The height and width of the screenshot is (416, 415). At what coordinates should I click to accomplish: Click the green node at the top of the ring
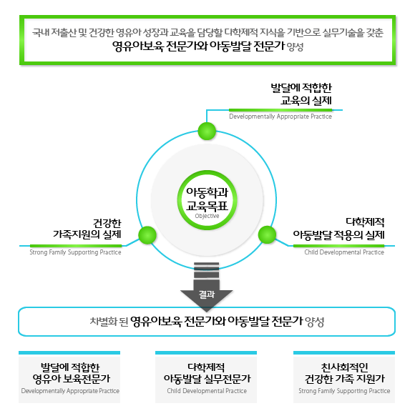[207, 131]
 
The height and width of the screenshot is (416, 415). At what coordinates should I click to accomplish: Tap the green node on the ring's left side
[147, 235]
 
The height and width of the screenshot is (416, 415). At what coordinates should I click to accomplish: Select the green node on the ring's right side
[267, 234]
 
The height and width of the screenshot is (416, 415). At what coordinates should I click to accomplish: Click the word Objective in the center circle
[207, 216]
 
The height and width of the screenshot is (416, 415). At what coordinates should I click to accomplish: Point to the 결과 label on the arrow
[207, 294]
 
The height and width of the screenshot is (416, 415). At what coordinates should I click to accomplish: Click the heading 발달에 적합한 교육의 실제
[301, 94]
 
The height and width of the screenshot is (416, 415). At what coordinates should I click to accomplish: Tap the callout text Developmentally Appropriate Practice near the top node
[280, 117]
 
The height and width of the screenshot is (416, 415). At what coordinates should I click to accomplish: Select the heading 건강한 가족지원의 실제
[87, 229]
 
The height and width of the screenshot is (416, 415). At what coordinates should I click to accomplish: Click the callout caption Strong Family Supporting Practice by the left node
[75, 252]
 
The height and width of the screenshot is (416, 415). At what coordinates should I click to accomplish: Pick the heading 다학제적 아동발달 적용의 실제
[338, 229]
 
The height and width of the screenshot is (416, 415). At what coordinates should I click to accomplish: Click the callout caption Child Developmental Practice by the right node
[344, 252]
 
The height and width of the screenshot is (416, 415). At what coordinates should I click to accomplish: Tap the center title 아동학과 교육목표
[207, 199]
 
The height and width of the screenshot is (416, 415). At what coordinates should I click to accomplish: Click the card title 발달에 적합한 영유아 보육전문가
[71, 373]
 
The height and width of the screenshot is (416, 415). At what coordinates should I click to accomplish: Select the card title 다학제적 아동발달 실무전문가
[207, 373]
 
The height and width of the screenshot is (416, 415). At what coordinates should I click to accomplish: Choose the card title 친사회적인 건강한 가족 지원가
[344, 373]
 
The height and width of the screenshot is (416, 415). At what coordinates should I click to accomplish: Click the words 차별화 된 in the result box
[109, 322]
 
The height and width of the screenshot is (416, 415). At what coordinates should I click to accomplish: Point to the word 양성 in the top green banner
[295, 47]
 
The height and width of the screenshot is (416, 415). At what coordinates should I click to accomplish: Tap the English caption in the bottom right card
[344, 391]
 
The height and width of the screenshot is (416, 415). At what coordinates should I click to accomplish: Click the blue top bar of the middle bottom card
[206, 353]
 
